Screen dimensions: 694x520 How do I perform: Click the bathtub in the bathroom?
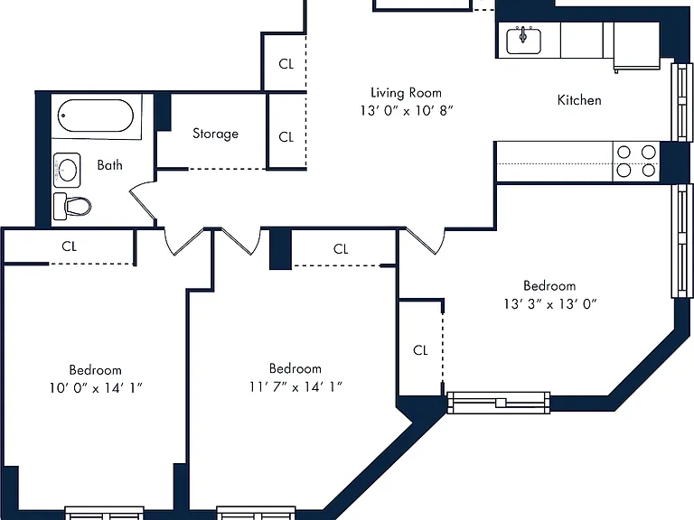96,116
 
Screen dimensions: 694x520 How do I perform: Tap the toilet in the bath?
72,206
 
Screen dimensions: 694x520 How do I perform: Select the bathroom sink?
67,170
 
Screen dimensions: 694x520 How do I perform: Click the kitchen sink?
523,41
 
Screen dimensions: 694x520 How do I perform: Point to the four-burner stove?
636,162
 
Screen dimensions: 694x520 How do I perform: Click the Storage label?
216,134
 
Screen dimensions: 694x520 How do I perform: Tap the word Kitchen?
579,100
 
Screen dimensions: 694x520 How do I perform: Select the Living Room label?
406,92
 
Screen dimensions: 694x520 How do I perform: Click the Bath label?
109,165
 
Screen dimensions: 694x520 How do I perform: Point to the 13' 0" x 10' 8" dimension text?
407,110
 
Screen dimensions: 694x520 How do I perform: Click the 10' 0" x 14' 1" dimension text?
96,388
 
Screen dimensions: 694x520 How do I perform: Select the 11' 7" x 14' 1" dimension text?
295,387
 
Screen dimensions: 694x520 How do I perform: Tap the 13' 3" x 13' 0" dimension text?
549,304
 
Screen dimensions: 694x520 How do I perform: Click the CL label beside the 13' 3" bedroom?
420,350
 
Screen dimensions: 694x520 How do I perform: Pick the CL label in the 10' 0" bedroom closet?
69,246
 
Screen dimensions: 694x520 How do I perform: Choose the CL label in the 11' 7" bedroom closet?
341,249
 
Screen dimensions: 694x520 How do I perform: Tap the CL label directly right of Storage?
286,137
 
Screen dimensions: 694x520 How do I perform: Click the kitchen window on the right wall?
681,103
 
